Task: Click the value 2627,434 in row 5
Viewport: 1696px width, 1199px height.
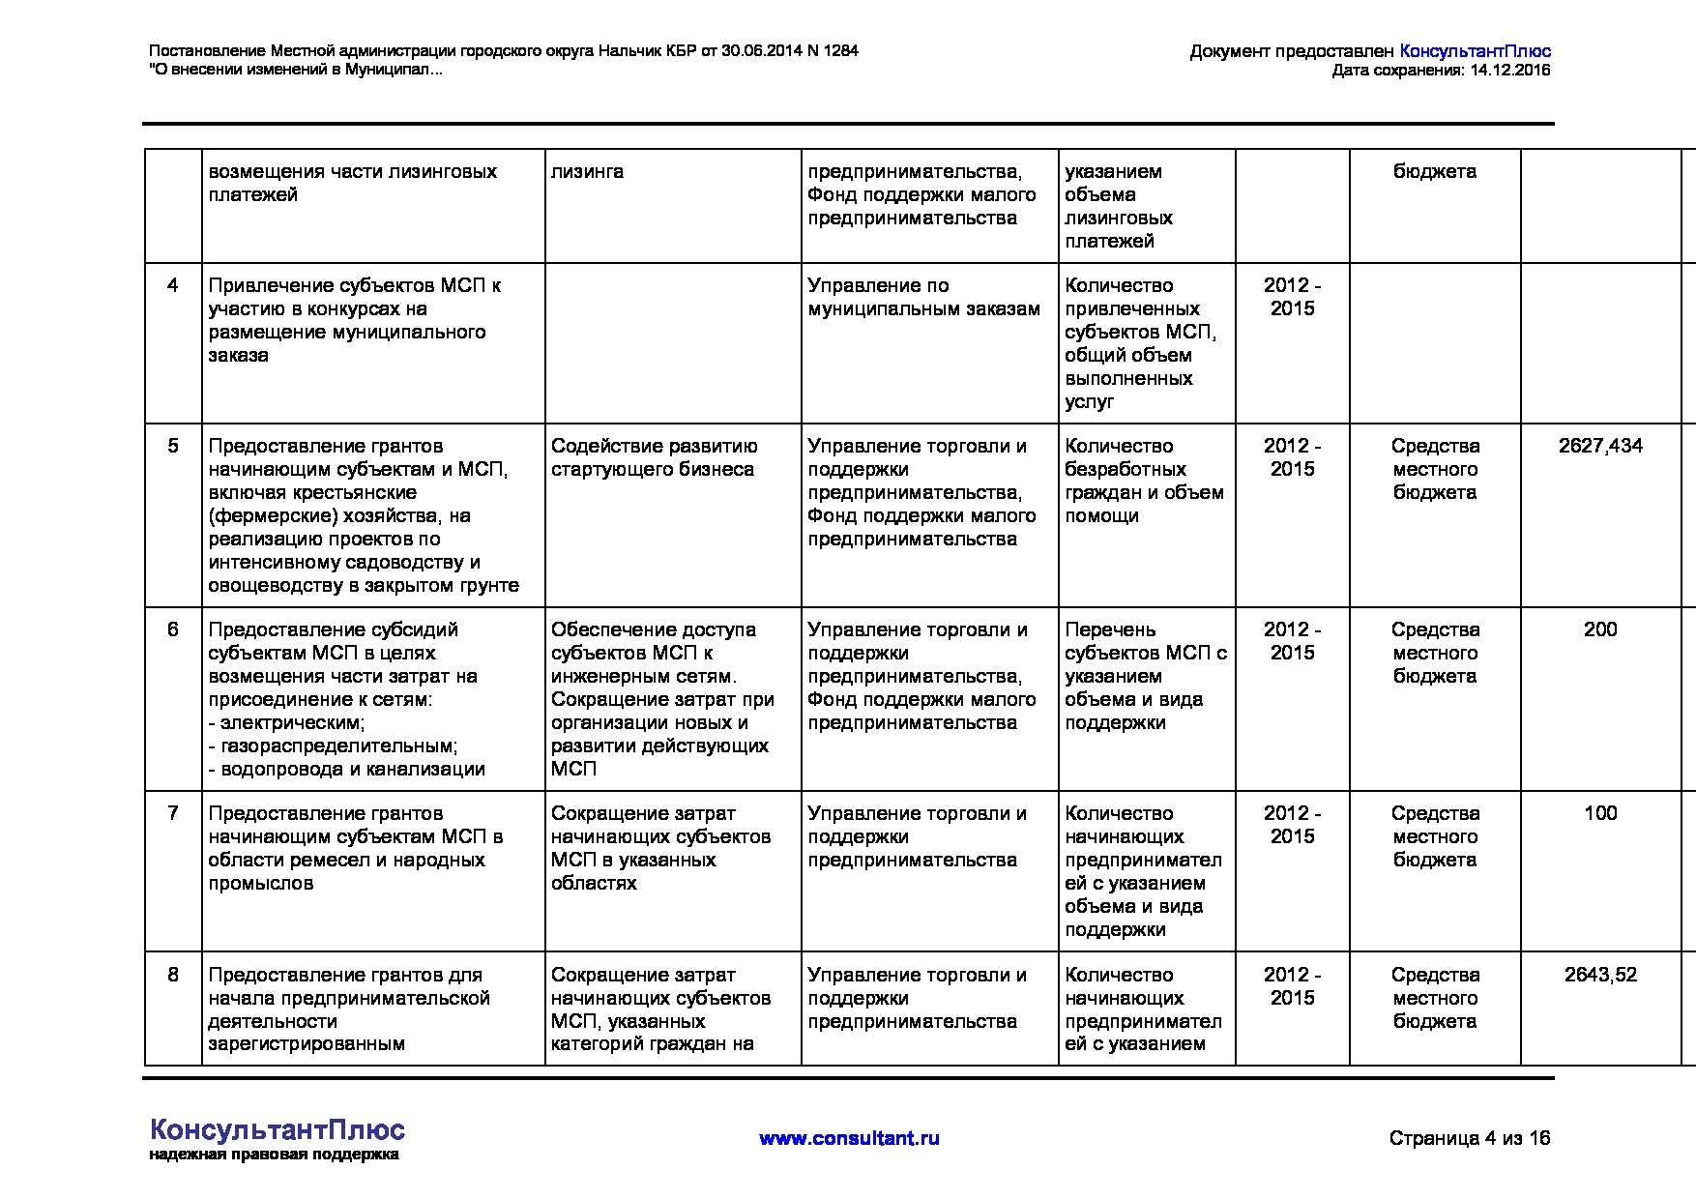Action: click(1600, 446)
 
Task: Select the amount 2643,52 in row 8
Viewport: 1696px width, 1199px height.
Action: click(1600, 975)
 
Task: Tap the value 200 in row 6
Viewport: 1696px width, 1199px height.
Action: click(1600, 629)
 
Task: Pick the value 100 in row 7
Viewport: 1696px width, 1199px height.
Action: click(1600, 813)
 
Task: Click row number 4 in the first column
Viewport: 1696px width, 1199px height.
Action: click(173, 285)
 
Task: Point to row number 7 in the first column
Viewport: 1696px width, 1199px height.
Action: click(173, 813)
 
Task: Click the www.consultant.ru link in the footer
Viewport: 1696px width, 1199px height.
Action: click(849, 1138)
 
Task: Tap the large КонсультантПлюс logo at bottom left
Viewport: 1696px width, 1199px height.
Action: click(278, 1130)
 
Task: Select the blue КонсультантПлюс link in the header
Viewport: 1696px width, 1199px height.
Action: click(1475, 51)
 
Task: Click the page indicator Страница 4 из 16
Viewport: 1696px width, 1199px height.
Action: click(1469, 1138)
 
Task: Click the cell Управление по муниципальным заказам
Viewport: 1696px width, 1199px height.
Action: click(923, 297)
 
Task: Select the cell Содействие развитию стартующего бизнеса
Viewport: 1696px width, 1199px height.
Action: click(654, 457)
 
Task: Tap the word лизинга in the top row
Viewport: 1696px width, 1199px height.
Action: click(587, 171)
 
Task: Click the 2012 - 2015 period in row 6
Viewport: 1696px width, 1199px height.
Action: click(1292, 641)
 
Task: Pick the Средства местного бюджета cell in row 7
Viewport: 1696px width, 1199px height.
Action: click(1435, 836)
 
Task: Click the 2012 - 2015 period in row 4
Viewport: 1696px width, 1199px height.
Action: click(1292, 297)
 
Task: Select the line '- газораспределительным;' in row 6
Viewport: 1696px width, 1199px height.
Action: click(334, 746)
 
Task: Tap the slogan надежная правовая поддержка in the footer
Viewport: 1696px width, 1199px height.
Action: click(274, 1155)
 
